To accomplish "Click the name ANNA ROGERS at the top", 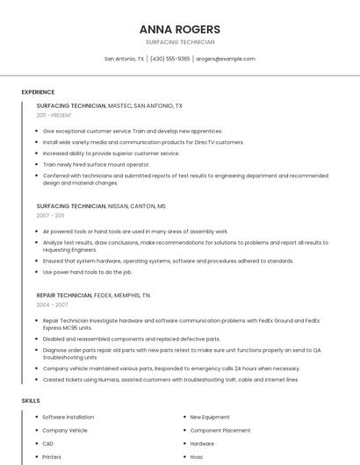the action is [x=179, y=29].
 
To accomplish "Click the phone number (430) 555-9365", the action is [x=169, y=59].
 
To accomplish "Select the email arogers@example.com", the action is [x=226, y=59].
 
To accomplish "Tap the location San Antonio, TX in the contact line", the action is [x=124, y=59].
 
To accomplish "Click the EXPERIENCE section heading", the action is [x=38, y=92].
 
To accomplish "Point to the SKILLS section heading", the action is [x=31, y=401].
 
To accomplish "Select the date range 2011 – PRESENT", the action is [x=54, y=115].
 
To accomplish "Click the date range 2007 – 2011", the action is [x=50, y=215].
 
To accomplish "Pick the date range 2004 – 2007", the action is [x=52, y=304].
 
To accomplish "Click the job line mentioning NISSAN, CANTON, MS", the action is [x=101, y=205].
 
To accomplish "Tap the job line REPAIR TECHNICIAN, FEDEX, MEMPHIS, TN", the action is [x=93, y=296].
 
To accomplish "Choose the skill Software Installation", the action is [x=68, y=417].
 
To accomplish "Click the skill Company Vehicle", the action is [x=65, y=430].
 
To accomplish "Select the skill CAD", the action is [x=48, y=443].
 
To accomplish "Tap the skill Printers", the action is [x=52, y=456].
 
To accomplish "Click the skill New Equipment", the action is [x=210, y=417].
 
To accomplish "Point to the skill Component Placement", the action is [x=220, y=430].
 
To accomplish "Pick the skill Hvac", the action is [x=198, y=456].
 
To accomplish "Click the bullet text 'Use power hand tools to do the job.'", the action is [x=87, y=272].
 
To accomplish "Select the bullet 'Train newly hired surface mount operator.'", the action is [x=97, y=164].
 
